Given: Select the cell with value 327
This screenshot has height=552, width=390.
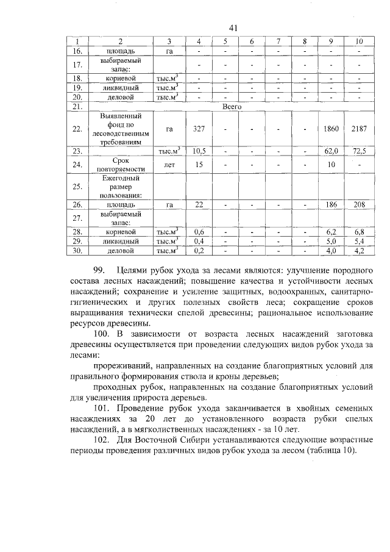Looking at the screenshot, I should coord(198,129).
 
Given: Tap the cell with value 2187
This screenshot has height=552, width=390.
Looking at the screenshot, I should coord(359,129).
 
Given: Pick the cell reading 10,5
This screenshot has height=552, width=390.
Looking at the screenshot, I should coord(198,149).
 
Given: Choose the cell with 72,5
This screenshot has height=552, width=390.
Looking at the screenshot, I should coord(359,149).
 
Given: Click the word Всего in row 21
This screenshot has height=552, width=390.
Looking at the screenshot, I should coord(232,106).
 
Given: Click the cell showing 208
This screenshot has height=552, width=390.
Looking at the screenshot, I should coord(359,205).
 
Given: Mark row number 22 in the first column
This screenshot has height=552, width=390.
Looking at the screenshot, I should coord(77,129).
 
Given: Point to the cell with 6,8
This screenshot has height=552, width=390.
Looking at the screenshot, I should coord(359,232).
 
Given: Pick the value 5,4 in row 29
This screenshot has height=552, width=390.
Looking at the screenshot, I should coord(359,242).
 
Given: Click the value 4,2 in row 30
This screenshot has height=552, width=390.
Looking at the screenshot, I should coord(359,250).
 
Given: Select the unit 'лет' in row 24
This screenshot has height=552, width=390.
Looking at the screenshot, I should coord(169,163).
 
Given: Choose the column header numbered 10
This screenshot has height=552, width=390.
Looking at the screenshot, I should coord(359,41).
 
